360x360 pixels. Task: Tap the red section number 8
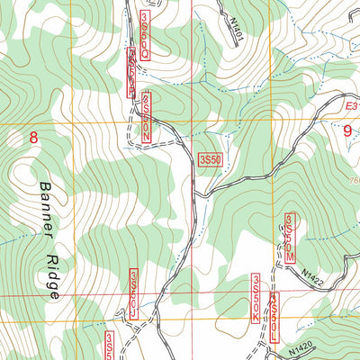click(34, 138)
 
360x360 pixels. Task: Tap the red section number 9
click(349, 130)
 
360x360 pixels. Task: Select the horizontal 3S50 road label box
click(209, 159)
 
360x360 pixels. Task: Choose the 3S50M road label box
click(290, 238)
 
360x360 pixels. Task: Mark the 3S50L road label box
click(274, 315)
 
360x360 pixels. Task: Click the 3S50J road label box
click(133, 292)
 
